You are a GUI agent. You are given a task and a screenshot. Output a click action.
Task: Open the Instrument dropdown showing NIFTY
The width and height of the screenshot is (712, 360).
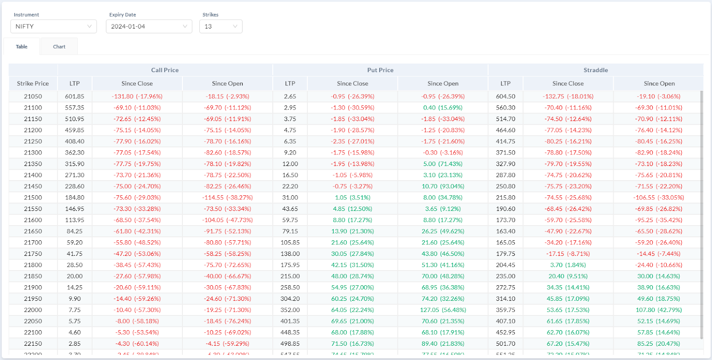[x=53, y=26]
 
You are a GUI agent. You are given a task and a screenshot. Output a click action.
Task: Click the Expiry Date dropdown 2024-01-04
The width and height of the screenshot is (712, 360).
[x=149, y=26]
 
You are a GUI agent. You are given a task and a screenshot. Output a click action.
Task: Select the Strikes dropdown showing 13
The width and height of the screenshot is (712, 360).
[x=221, y=26]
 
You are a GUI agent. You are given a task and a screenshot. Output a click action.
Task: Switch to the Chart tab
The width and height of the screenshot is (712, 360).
[x=59, y=47]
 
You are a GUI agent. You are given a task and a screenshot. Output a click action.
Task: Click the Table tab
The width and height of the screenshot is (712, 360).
[x=22, y=47]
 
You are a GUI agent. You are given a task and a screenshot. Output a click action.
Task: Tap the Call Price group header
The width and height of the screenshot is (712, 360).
[x=165, y=70]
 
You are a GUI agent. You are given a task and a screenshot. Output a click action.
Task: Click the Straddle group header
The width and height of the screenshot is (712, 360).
[x=595, y=70]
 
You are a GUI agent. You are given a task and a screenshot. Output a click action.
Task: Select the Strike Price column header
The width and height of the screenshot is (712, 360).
[x=33, y=83]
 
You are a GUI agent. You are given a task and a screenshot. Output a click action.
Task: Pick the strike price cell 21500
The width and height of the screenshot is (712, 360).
[x=33, y=198]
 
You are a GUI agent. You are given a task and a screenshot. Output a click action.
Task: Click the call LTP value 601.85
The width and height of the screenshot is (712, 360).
[x=74, y=97]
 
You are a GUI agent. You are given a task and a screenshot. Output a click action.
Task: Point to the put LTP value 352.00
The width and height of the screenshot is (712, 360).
[x=290, y=310]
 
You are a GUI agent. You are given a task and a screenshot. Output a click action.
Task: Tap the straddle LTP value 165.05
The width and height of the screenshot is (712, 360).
[x=506, y=243]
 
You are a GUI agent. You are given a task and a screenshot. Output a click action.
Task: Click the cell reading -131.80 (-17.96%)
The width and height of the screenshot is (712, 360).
[x=137, y=97]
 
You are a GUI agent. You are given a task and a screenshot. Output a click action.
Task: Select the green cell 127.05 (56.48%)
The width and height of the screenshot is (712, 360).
[x=443, y=310]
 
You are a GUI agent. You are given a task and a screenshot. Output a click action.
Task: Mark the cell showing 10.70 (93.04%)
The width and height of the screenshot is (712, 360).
[x=443, y=186]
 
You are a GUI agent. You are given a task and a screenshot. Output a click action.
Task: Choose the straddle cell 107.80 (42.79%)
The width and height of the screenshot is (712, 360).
[x=659, y=310]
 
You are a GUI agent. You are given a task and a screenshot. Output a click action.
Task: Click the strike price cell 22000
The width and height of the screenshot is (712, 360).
[x=33, y=310]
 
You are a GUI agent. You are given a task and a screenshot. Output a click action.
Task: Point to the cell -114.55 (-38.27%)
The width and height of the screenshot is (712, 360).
[x=227, y=198]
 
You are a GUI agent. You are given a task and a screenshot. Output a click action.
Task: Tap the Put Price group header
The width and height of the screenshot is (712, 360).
[x=380, y=70]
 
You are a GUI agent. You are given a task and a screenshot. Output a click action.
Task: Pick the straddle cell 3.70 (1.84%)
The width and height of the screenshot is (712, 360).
[x=568, y=265]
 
